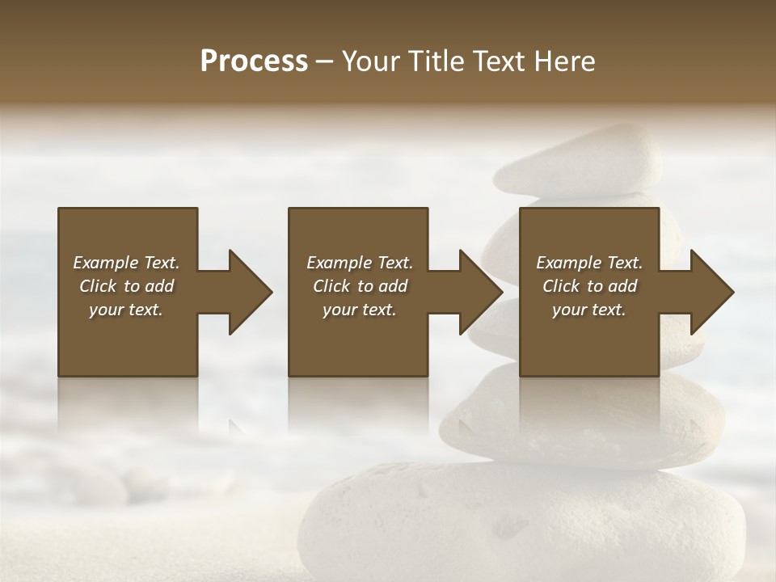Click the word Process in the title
(x=254, y=61)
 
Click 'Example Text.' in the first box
(x=126, y=263)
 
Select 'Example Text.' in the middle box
(x=360, y=263)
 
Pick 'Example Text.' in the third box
(x=589, y=263)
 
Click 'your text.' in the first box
(x=126, y=310)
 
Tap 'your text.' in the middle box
(x=360, y=310)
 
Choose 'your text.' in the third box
(x=589, y=310)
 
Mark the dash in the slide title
(x=325, y=62)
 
